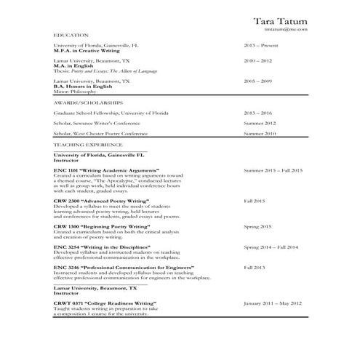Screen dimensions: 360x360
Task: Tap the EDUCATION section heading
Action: point(71,35)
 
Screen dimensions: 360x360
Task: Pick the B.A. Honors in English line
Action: point(86,87)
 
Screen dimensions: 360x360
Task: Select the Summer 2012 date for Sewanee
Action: point(260,124)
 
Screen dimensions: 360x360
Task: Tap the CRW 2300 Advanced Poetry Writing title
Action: point(101,200)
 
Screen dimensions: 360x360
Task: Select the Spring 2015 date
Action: point(257,226)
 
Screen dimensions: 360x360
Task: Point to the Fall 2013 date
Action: point(255,267)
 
